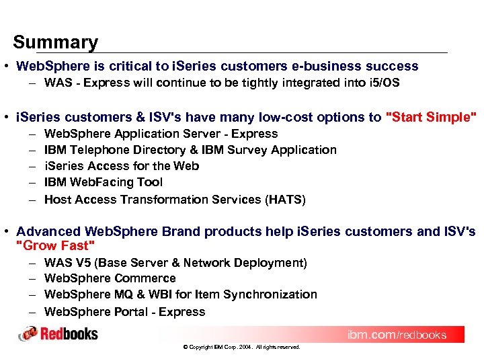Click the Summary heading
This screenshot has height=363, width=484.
point(55,42)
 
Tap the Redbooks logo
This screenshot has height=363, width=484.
point(58,333)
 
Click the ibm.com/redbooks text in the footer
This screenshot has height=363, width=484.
point(396,335)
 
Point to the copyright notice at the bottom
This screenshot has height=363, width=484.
point(241,348)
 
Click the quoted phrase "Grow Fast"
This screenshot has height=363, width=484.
point(56,245)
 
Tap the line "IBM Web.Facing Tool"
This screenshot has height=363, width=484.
point(103,182)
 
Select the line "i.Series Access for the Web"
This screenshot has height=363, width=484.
point(121,166)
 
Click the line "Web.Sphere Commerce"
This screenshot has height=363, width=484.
point(110,278)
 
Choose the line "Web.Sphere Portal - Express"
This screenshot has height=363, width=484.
point(124,312)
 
